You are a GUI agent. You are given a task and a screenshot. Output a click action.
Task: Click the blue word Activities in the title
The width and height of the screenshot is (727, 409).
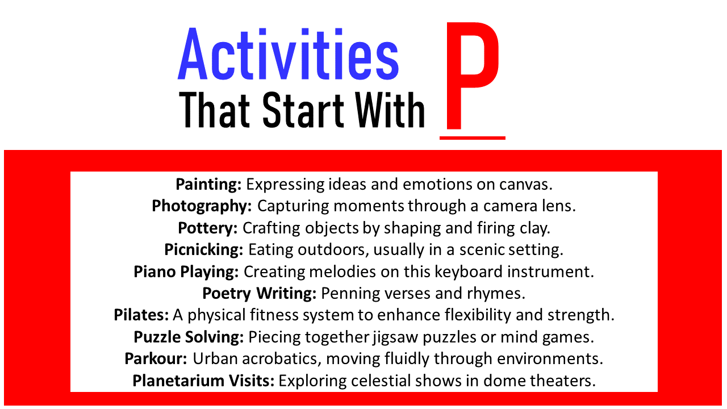288,54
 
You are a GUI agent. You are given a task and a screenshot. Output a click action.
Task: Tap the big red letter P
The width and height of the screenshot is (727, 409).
472,76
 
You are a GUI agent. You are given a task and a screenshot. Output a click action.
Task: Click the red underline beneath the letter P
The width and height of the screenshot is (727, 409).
473,138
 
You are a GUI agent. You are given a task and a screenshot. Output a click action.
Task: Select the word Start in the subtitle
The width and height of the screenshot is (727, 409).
303,110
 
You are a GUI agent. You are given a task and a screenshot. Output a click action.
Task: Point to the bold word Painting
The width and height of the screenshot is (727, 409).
208,185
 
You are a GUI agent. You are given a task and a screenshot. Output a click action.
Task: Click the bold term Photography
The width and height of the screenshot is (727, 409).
202,206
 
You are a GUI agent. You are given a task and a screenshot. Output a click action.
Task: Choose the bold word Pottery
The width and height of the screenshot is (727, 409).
208,228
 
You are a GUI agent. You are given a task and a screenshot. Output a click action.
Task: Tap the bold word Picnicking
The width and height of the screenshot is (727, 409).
203,249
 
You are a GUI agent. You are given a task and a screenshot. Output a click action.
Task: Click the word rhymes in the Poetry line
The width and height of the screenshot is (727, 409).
496,294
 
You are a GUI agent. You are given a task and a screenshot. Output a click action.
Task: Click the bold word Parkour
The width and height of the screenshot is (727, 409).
156,358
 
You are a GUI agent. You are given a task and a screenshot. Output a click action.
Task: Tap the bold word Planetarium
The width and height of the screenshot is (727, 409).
178,381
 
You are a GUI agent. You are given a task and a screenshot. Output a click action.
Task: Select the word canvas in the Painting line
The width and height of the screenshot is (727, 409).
526,185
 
